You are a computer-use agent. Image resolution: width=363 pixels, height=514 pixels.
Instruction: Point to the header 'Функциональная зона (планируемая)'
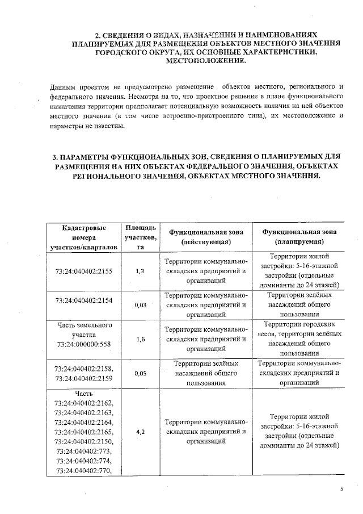click(x=299, y=237)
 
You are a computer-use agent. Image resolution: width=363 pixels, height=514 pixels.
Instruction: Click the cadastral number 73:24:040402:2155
click(x=85, y=271)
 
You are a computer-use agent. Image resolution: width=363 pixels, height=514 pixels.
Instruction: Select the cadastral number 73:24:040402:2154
click(x=85, y=300)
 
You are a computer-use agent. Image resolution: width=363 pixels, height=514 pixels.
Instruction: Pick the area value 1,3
click(x=140, y=271)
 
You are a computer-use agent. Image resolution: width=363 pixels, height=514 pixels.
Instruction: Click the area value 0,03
click(x=140, y=305)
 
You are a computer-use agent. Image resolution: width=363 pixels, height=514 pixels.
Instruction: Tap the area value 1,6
click(x=140, y=339)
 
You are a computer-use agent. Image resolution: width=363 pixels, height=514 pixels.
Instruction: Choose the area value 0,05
click(x=140, y=374)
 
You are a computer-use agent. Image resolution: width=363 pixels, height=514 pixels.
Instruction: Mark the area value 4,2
click(x=140, y=432)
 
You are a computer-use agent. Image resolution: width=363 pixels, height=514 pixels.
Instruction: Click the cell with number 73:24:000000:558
click(x=85, y=345)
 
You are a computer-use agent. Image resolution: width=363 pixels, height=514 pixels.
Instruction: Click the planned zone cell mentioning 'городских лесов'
click(x=299, y=339)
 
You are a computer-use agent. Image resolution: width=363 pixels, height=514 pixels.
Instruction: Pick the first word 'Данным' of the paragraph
click(x=63, y=87)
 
